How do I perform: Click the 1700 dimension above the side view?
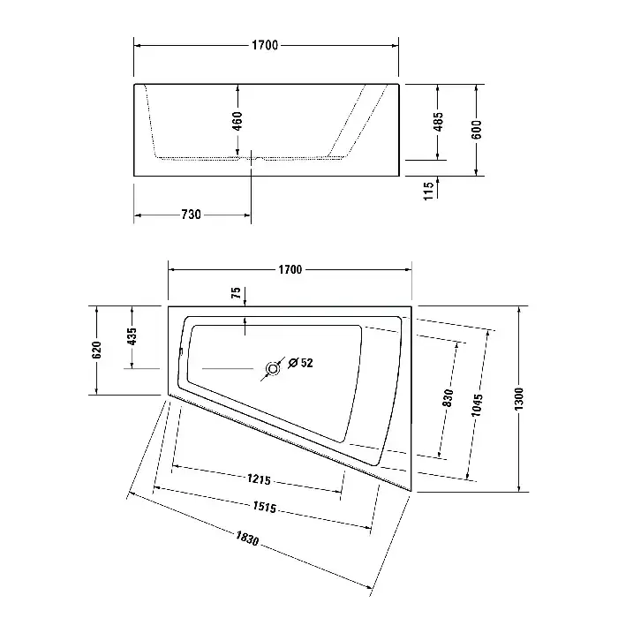tap(265, 45)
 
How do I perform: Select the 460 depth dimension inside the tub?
tap(237, 121)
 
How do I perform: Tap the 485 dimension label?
tap(438, 122)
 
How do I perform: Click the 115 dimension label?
tap(428, 191)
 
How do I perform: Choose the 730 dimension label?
tap(192, 215)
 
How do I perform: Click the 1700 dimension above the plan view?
tap(290, 269)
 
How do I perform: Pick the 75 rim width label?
tap(236, 292)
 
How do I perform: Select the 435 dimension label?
tap(132, 336)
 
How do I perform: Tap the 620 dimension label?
tap(96, 350)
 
